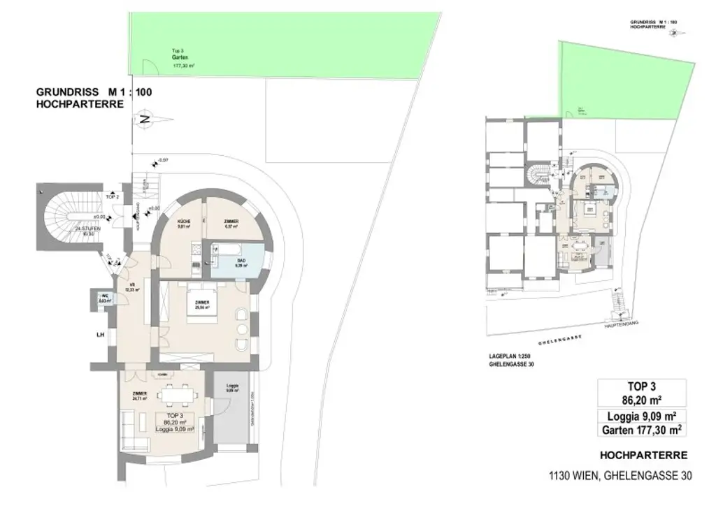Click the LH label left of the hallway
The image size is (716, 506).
pyautogui.click(x=100, y=335)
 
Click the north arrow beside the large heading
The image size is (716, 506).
pyautogui.click(x=144, y=120)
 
